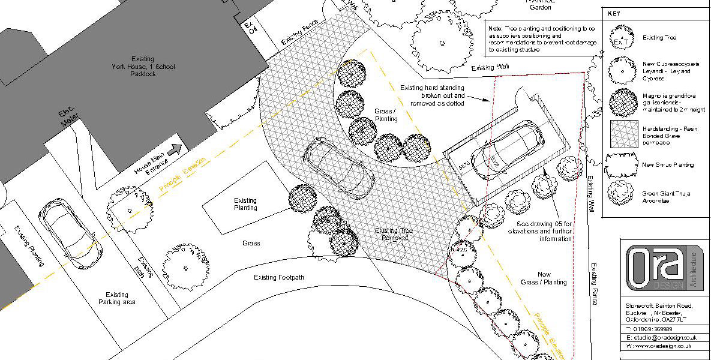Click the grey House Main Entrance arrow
click(175, 150)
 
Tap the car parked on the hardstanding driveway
click(338, 169)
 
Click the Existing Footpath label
click(279, 277)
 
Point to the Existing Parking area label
click(117, 298)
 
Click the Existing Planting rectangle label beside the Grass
click(245, 204)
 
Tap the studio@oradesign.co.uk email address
click(662, 338)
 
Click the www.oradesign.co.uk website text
click(662, 346)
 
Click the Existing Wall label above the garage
click(490, 68)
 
